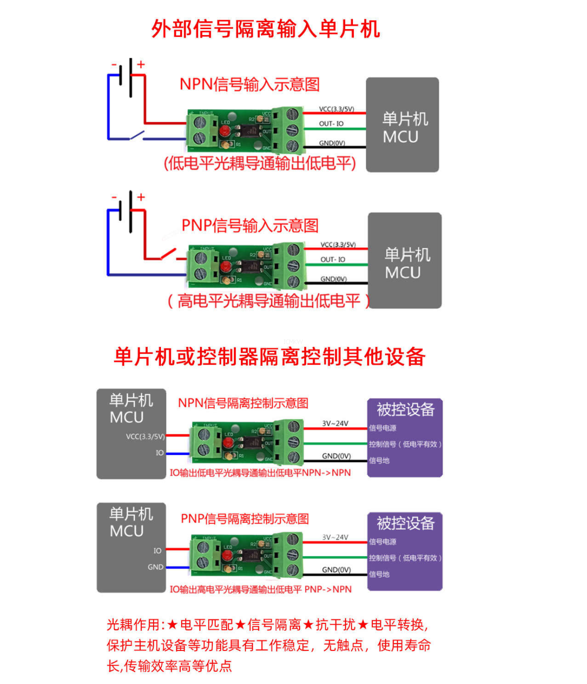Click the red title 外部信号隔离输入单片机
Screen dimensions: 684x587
266,29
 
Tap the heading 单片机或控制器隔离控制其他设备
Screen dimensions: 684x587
270,356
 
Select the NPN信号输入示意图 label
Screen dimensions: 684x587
249,84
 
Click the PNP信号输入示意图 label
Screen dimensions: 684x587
250,226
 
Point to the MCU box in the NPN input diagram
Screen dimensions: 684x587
402,125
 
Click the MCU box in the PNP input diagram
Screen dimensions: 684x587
404,261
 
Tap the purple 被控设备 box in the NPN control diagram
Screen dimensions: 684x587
405,438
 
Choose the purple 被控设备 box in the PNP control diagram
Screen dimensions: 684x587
405,551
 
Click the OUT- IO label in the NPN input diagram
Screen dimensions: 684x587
331,124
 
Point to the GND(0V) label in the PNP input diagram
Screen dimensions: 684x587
334,279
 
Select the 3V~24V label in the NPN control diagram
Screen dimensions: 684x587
335,423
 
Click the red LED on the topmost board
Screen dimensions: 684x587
225,131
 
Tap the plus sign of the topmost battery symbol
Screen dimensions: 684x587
141,64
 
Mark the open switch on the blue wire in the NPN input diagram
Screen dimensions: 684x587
136,135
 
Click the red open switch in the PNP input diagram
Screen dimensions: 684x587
168,255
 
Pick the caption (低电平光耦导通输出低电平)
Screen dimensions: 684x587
260,163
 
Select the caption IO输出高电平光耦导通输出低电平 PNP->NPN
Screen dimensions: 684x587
261,589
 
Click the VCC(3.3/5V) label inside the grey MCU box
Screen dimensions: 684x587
145,436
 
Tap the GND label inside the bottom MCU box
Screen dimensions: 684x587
156,567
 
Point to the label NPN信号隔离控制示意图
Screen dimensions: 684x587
243,403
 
